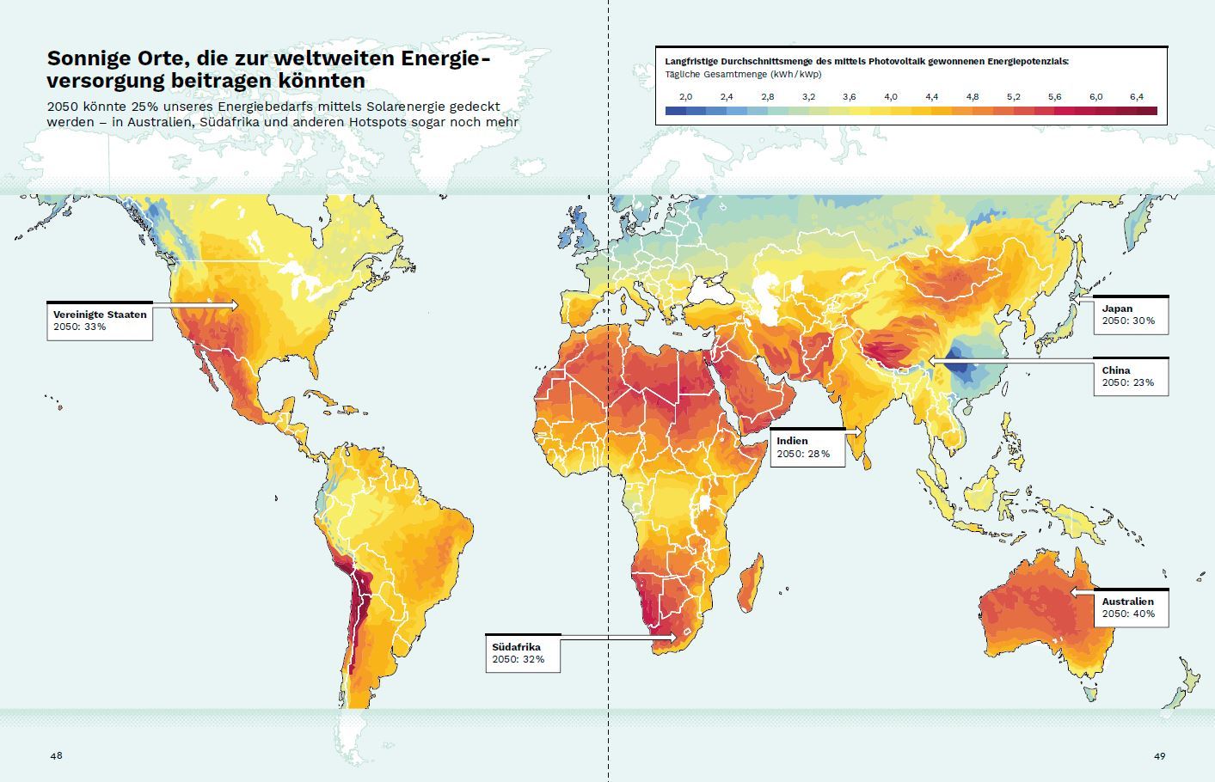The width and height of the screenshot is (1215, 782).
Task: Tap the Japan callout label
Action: click(x=1117, y=309)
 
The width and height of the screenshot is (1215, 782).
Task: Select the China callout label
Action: click(x=1116, y=370)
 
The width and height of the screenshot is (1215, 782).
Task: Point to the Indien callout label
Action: click(x=792, y=441)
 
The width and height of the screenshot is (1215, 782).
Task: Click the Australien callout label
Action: click(x=1128, y=602)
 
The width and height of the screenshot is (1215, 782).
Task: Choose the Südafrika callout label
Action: click(x=517, y=647)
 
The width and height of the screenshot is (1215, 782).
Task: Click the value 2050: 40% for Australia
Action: click(x=1128, y=614)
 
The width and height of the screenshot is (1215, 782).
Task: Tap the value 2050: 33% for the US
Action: click(x=79, y=327)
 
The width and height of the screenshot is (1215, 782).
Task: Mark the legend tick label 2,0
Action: click(x=685, y=97)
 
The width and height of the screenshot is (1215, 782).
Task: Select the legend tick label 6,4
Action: click(x=1136, y=97)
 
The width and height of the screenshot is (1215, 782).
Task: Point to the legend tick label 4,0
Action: click(x=890, y=97)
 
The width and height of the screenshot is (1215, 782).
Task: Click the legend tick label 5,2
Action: click(x=1013, y=97)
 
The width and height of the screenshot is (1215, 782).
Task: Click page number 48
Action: click(x=56, y=755)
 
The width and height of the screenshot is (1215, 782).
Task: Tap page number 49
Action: click(x=1159, y=755)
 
